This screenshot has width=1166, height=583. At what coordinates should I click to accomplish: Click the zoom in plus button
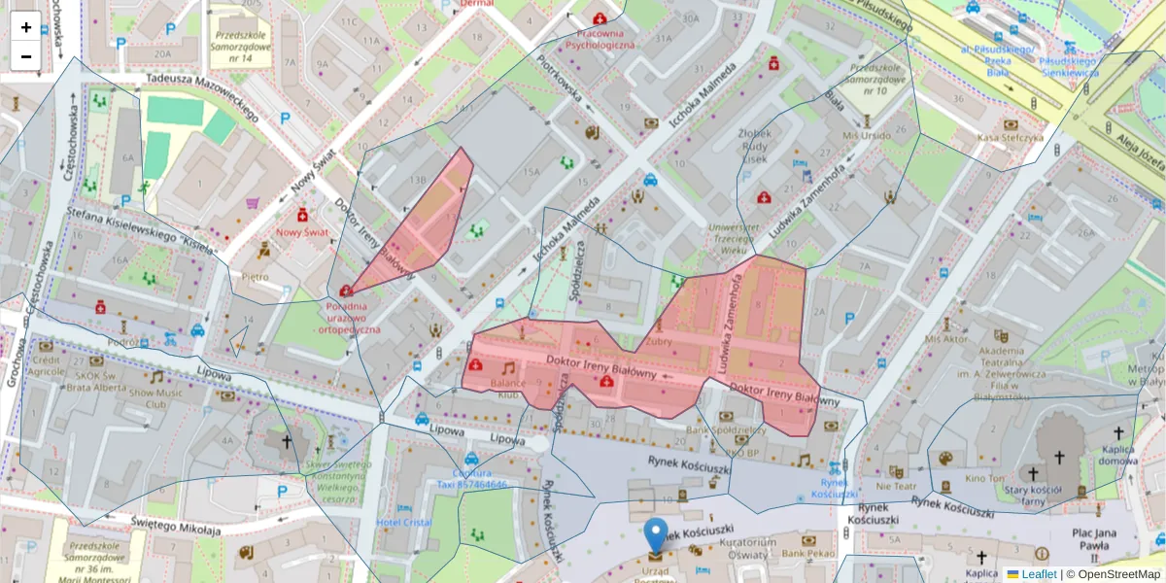tap(26, 27)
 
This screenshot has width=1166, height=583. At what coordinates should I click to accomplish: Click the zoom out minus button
tap(26, 56)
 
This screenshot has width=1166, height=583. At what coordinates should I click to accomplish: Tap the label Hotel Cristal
tap(403, 523)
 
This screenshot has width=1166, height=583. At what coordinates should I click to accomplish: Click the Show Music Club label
tap(155, 397)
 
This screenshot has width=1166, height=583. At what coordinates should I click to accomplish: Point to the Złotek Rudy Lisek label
tap(755, 145)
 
